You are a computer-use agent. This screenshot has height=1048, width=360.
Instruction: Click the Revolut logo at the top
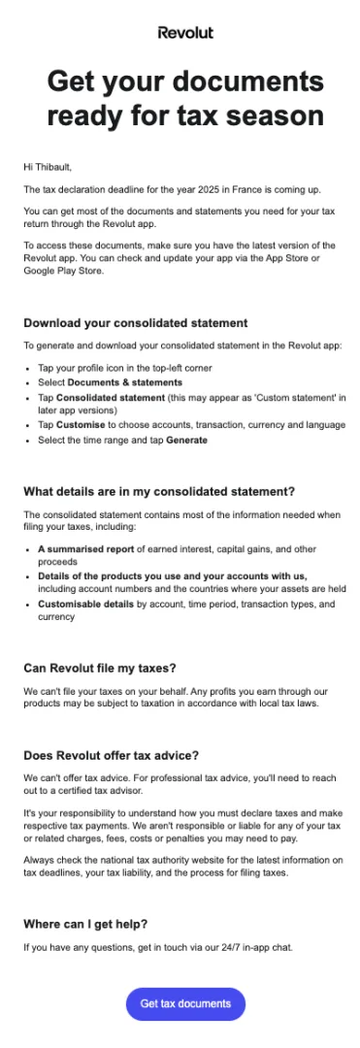pyautogui.click(x=185, y=32)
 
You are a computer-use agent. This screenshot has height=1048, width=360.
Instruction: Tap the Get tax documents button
pyautogui.click(x=185, y=1003)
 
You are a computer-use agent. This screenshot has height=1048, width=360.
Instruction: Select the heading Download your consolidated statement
pyautogui.click(x=136, y=322)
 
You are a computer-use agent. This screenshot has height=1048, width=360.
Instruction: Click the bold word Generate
pyautogui.click(x=186, y=440)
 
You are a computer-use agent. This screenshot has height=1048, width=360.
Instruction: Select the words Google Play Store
pyautogui.click(x=64, y=271)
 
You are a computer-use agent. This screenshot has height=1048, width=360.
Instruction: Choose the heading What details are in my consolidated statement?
pyautogui.click(x=159, y=491)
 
